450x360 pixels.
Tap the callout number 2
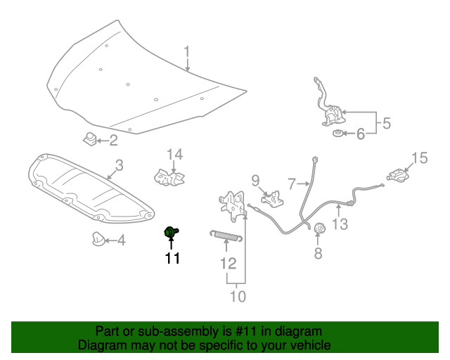[113, 141]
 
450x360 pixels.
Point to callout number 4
[121, 241]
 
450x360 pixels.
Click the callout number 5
[386, 124]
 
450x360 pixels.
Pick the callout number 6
[361, 134]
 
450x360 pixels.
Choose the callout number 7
[292, 184]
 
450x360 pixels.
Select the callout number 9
[255, 180]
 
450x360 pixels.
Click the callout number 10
[238, 297]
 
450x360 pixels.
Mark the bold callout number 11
[172, 258]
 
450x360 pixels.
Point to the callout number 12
[227, 264]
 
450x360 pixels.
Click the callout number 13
[340, 224]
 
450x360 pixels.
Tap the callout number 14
[174, 155]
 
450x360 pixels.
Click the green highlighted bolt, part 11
[171, 232]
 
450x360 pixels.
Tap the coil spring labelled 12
[226, 236]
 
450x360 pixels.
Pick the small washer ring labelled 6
[337, 134]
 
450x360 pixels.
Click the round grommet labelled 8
[318, 229]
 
